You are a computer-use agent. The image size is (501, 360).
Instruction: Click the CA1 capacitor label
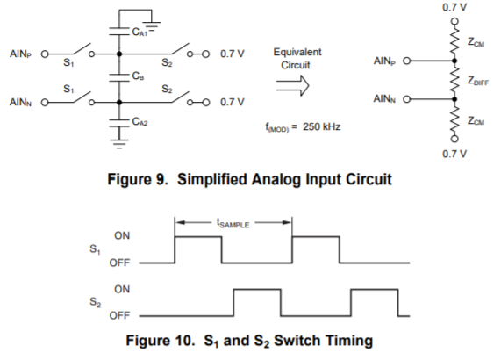click(140, 32)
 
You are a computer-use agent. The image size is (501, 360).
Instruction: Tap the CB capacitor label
click(138, 76)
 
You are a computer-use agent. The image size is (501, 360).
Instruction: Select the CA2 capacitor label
click(140, 121)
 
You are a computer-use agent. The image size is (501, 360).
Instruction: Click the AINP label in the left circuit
click(20, 54)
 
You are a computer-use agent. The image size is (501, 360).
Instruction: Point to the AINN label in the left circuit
click(20, 102)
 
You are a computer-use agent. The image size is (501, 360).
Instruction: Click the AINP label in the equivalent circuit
click(384, 61)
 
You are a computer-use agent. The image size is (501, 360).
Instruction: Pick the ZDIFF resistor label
click(478, 80)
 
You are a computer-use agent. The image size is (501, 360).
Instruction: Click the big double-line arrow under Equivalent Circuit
click(292, 86)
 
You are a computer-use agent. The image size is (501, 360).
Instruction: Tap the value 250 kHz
click(321, 126)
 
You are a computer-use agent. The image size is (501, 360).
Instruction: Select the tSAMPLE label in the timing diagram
click(233, 223)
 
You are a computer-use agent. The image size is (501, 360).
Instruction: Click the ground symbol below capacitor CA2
click(119, 144)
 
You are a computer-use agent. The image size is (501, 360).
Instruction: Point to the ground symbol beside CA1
click(152, 26)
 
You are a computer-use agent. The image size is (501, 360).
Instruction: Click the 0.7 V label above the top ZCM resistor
click(454, 7)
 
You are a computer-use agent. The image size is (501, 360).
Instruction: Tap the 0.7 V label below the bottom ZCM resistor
click(454, 154)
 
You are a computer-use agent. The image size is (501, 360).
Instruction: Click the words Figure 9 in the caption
click(138, 179)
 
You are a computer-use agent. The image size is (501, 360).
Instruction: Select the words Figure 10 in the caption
click(160, 340)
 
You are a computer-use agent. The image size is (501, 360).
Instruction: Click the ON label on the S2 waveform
click(122, 289)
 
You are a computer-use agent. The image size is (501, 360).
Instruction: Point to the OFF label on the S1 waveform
click(119, 263)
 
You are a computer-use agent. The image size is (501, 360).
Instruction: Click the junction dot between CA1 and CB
click(119, 54)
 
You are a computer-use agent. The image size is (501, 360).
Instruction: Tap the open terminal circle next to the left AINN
click(45, 103)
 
